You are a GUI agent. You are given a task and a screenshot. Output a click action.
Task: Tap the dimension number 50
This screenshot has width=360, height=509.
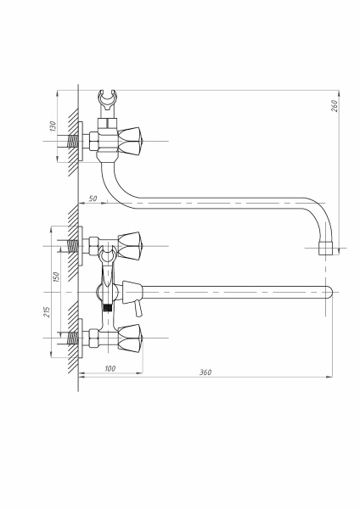tap(92, 198)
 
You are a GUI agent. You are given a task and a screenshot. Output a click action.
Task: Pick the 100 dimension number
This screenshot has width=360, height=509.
tap(110, 368)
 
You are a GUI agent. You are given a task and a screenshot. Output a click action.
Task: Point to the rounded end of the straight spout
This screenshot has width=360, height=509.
tap(326, 291)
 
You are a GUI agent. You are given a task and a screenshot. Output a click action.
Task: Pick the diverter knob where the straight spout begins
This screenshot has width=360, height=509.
tap(128, 288)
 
